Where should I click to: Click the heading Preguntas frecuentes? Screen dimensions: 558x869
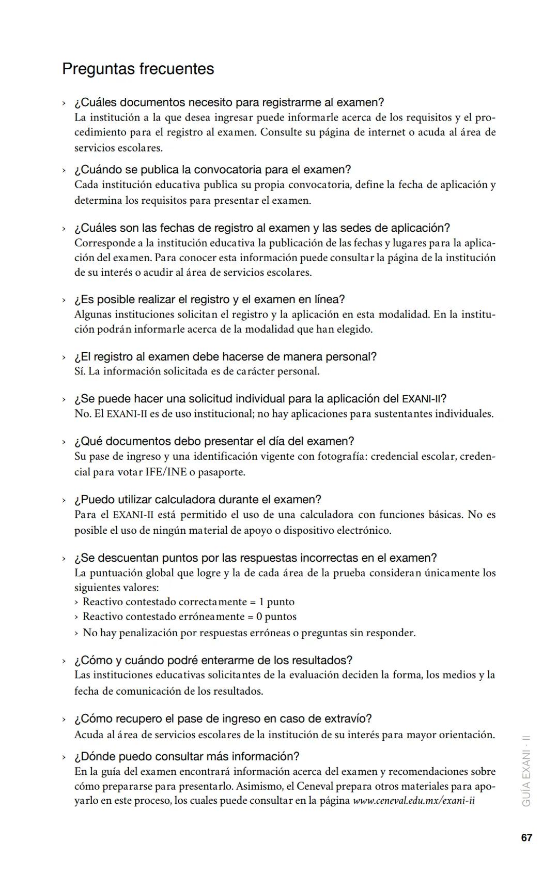pos(138,69)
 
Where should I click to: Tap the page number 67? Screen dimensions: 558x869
pos(526,837)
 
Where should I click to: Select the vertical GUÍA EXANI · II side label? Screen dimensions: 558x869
pos(526,770)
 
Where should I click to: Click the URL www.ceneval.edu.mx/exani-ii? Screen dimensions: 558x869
pos(414,801)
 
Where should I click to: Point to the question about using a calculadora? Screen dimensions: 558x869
pos(197,500)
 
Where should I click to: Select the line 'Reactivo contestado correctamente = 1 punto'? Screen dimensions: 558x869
pos(189,602)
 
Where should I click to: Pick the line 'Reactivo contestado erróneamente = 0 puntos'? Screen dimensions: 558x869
pos(190,617)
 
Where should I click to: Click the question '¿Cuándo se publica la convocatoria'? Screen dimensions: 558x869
pos(212,170)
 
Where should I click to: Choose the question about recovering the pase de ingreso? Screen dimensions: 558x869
pos(223,719)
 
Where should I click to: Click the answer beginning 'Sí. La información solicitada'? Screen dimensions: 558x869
pos(197,371)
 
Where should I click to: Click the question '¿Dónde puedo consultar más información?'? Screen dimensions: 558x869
pos(187,757)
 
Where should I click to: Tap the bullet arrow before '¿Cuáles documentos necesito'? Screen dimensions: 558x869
pos(64,103)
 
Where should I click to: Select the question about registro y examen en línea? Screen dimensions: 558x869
pos(209,299)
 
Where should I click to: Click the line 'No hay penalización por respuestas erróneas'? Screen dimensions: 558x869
pos(249,633)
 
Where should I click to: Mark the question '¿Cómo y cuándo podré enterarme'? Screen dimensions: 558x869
pos(213,661)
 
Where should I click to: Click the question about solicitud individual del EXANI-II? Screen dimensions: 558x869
pos(260,399)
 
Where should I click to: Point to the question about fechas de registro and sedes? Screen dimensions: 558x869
pos(262,228)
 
